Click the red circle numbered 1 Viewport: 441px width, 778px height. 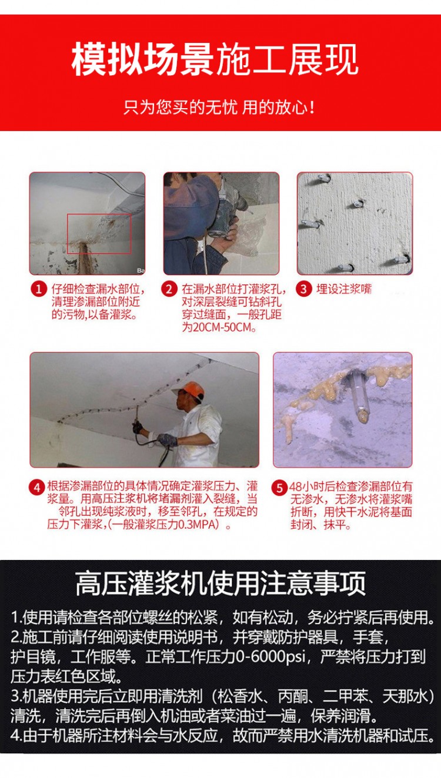pyautogui.click(x=40, y=289)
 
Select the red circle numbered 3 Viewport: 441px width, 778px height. pyautogui.click(x=303, y=289)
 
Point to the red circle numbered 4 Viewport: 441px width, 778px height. pyautogui.click(x=38, y=487)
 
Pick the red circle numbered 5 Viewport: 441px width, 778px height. pyautogui.click(x=279, y=487)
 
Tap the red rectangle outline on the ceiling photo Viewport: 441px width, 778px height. pyautogui.click(x=99, y=233)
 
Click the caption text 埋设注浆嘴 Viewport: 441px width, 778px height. pyautogui.click(x=344, y=289)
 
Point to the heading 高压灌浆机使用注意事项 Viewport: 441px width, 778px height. pyautogui.click(x=220, y=583)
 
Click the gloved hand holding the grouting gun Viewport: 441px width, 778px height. pyautogui.click(x=167, y=439)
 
